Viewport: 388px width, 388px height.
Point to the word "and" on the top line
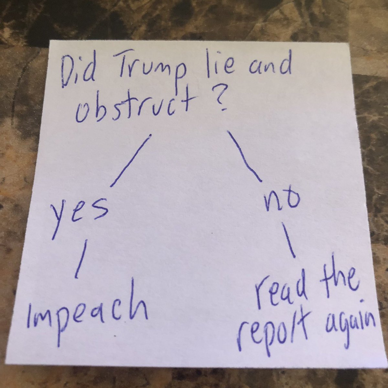click(x=265, y=70)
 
